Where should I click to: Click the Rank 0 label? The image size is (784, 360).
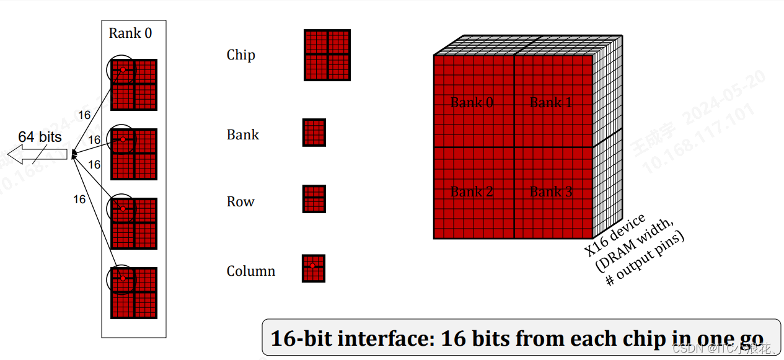pos(130,33)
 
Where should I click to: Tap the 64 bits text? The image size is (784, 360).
pos(40,137)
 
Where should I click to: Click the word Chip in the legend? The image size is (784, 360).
pos(240,55)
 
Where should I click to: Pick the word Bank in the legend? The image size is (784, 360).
pos(243,135)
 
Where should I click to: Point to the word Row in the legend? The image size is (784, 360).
pos(240,202)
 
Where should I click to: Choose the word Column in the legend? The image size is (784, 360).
pos(250,271)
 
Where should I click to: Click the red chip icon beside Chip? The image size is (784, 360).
pos(327,55)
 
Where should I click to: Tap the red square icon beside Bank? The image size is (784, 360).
pos(314,133)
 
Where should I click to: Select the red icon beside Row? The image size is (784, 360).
pos(314,199)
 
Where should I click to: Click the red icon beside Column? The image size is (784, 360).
pos(313,268)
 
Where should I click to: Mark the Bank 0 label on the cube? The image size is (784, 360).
pos(472,103)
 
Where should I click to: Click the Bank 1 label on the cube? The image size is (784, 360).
pos(551,103)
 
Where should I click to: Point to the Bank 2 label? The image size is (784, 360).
pos(472,192)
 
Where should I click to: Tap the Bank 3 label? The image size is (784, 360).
pos(551,192)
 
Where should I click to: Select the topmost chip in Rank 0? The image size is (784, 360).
pos(134,84)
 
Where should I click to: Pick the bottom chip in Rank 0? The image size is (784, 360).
pos(134,292)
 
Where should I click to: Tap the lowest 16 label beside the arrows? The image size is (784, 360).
pos(79,200)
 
